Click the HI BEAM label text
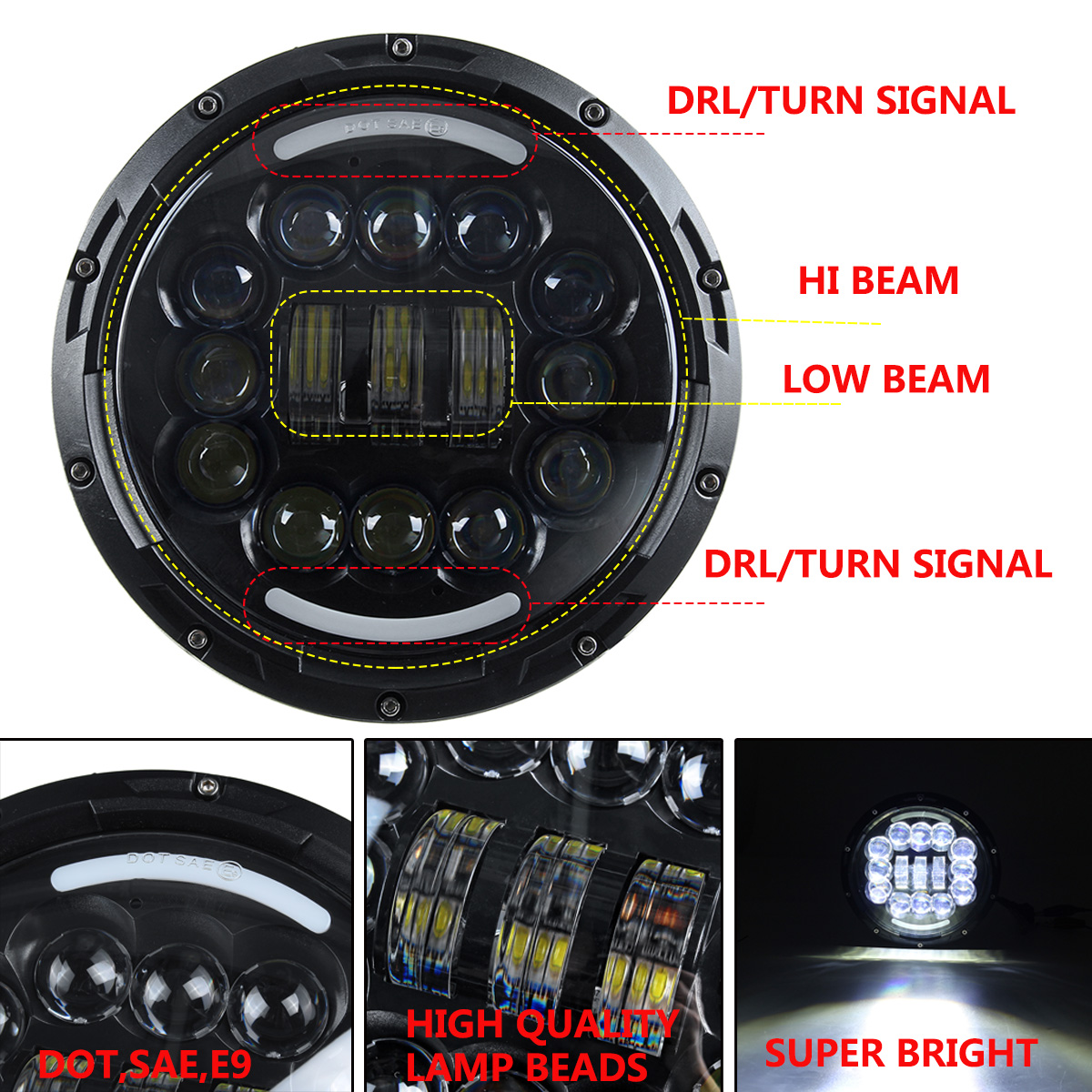878,281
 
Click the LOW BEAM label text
885,379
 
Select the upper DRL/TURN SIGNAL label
840,100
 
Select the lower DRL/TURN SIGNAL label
877,564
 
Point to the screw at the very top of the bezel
398,46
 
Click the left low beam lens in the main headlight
315,363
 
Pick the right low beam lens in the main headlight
477,363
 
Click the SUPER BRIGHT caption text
900,1053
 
